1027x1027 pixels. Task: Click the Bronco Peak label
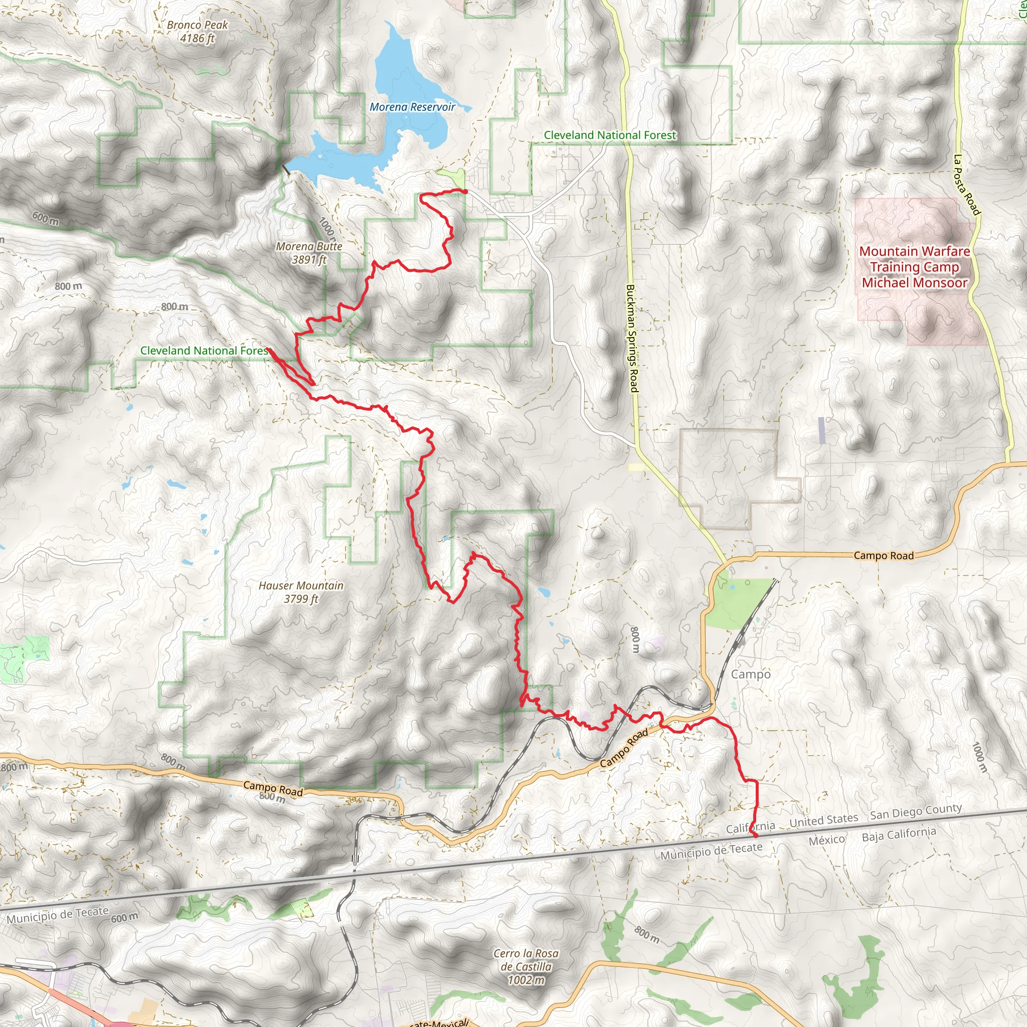197,32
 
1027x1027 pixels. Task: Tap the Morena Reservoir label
413,107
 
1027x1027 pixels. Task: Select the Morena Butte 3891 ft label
309,253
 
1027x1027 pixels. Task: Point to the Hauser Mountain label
301,592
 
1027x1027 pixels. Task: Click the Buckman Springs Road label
631,338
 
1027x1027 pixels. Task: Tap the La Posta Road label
966,185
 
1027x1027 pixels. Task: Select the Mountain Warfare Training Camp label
914,267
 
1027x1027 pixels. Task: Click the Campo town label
751,674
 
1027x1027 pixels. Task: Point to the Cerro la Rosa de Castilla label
526,966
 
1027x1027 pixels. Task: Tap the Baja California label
899,834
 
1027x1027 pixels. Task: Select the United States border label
823,821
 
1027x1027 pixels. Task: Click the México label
826,840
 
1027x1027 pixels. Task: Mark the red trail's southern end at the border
755,836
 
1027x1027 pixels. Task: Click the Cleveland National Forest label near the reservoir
610,135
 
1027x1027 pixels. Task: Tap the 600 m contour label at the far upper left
45,218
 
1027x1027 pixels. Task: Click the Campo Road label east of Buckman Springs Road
884,556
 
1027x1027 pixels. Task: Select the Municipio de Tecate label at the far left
57,915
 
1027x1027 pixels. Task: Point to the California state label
750,827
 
